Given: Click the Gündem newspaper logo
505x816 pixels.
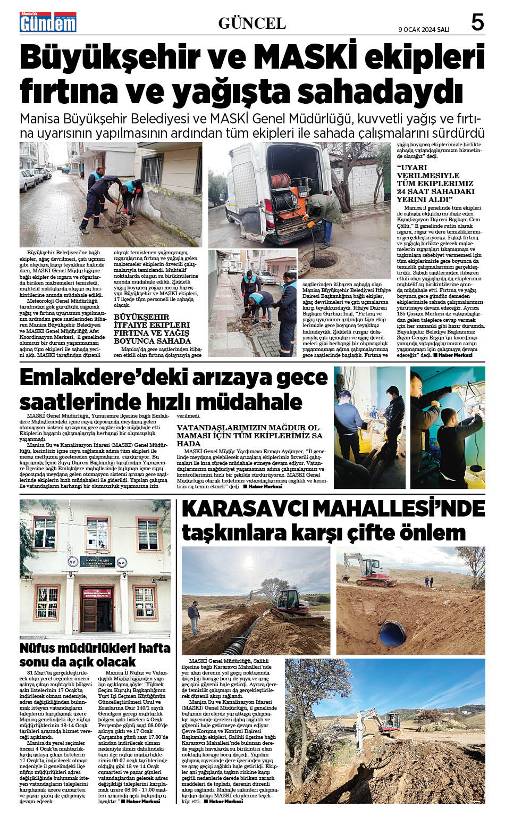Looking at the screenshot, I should coord(48,22).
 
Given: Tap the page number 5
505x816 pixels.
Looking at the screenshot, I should coord(477,23).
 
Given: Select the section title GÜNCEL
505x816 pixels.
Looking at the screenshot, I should coord(252,23).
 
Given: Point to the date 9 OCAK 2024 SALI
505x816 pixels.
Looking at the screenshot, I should coord(424,30).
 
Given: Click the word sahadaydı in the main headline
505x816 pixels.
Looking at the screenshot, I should coord(380,91).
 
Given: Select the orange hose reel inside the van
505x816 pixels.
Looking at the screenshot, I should coord(282,180).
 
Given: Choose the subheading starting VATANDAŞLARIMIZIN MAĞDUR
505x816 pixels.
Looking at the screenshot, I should coord(250,435).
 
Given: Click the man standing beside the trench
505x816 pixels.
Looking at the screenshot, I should coord(193,618).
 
